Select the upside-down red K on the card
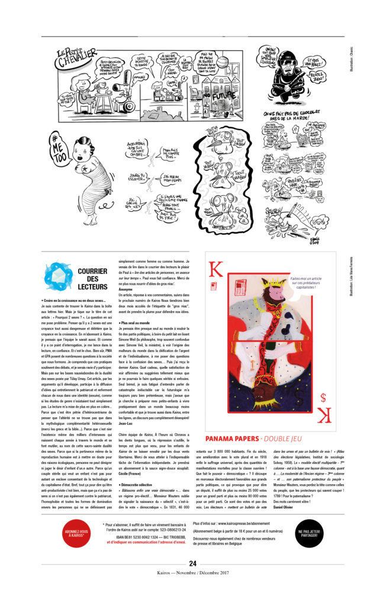click(326, 415)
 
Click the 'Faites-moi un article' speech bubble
click(308, 279)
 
